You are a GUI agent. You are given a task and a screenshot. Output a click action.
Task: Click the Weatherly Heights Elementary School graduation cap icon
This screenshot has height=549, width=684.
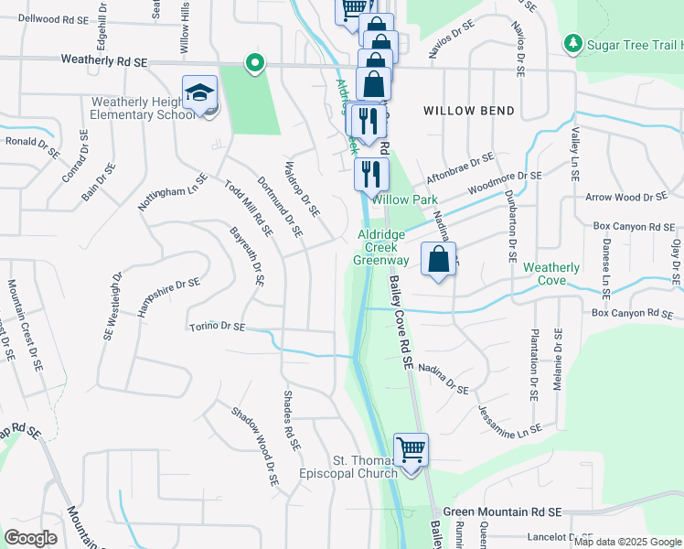pos(200,93)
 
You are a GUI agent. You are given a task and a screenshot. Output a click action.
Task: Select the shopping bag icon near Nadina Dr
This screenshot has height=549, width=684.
pos(439,259)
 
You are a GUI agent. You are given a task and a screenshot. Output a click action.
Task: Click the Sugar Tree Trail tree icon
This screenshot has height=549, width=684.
pos(573,42)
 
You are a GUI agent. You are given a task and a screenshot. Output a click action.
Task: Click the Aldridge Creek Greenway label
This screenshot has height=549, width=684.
pos(384,247)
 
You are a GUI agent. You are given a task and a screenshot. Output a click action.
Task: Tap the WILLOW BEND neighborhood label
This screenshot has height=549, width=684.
pos(469,111)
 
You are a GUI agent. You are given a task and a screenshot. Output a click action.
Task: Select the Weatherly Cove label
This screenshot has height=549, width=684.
pos(551,274)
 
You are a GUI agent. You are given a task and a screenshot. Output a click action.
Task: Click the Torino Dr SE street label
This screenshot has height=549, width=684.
pos(218,327)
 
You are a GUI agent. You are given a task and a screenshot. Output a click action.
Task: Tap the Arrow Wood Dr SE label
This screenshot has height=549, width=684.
pos(627,197)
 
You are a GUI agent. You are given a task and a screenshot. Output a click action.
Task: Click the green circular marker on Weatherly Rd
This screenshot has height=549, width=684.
pos(255,63)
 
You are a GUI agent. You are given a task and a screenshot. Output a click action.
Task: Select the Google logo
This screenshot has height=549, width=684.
pos(30,538)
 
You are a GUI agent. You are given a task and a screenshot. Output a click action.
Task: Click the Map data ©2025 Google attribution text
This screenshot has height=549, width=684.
pos(627,542)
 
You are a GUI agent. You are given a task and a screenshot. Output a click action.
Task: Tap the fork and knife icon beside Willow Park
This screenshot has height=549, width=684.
pos(370,173)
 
